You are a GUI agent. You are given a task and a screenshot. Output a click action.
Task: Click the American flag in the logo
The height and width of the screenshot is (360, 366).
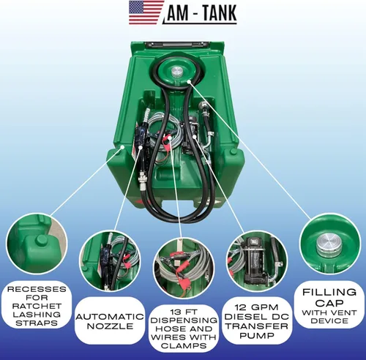[x=146, y=12]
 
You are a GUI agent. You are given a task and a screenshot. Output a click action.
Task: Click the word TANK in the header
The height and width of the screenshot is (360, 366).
[x=220, y=13]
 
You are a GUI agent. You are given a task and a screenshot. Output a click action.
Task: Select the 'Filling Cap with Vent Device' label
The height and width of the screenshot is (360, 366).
[x=329, y=304]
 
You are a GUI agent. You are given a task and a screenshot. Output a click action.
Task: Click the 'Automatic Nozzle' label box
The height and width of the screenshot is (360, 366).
[x=110, y=320]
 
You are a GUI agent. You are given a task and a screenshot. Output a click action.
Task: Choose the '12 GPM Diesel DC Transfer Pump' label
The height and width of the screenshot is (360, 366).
[x=257, y=320]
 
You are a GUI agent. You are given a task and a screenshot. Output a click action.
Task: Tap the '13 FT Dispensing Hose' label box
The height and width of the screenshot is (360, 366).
[x=184, y=329]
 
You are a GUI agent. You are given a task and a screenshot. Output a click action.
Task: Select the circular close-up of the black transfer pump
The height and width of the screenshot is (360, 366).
[x=257, y=261]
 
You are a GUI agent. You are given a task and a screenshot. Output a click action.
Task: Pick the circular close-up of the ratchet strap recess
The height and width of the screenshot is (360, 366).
[x=37, y=244]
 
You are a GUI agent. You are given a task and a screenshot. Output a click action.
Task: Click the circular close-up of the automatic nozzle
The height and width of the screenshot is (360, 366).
[x=110, y=261]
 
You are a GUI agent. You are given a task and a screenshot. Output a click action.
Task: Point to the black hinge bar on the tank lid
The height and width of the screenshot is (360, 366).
[x=176, y=45]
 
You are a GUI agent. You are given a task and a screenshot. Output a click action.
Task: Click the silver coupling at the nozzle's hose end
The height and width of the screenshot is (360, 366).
[x=142, y=181]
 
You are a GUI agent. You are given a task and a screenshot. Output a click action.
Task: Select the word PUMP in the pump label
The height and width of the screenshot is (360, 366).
[x=257, y=336]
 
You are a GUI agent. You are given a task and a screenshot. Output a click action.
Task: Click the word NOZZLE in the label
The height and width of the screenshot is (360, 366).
[x=110, y=326]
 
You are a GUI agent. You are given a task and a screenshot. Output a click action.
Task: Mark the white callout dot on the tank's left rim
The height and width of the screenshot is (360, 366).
[x=123, y=146]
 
